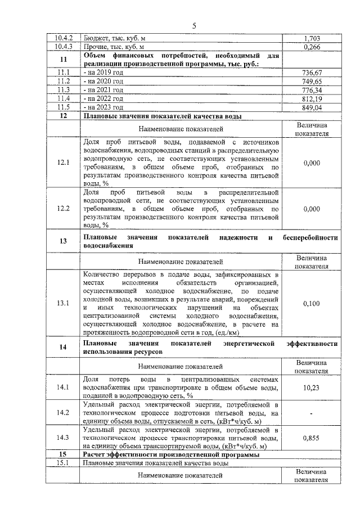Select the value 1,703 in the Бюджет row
(311, 38)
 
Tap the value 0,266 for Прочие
(311, 47)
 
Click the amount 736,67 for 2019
(311, 73)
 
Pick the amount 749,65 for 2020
(311, 82)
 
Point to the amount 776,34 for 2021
(311, 90)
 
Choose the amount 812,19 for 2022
(311, 98)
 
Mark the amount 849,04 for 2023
(311, 107)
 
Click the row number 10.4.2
(63, 38)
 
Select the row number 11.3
(63, 90)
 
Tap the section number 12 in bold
(63, 116)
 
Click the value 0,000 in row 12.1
(311, 163)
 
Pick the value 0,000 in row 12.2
(311, 209)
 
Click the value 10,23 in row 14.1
(311, 388)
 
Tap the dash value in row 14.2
(311, 413)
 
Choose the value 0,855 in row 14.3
(311, 438)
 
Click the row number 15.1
(63, 463)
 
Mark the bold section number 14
(63, 346)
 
